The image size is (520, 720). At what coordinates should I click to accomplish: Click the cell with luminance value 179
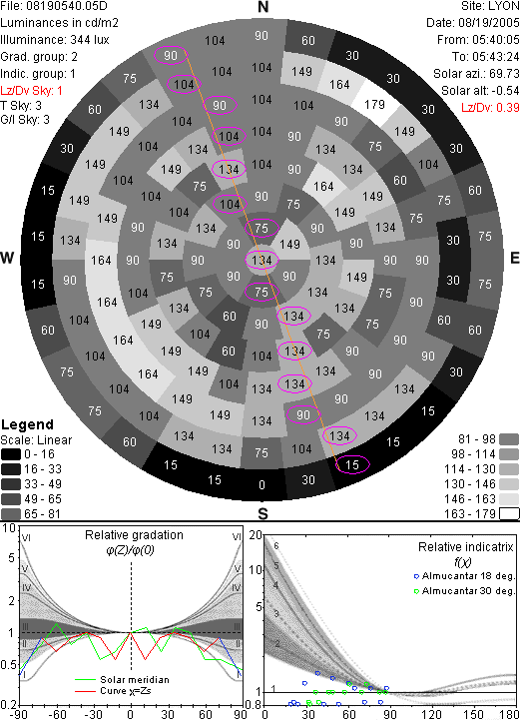point(374,105)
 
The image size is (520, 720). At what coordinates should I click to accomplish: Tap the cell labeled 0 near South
point(261,484)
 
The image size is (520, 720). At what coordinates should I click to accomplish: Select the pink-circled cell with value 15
point(352,464)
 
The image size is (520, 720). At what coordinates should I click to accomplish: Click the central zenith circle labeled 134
point(261,261)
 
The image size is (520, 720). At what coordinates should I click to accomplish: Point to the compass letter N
point(262,7)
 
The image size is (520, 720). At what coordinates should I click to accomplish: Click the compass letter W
point(7,258)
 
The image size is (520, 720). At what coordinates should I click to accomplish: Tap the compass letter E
point(514,258)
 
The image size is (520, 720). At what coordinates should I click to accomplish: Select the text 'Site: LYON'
point(490,6)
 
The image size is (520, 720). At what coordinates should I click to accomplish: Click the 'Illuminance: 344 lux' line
point(55,40)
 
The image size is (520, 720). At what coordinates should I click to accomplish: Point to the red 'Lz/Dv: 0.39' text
point(490,108)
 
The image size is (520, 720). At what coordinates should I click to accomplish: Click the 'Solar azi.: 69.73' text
point(476,74)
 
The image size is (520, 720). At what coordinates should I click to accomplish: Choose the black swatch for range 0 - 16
point(11,454)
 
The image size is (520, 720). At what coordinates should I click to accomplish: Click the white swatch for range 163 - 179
point(509,514)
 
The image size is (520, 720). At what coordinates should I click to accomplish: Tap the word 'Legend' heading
point(28,424)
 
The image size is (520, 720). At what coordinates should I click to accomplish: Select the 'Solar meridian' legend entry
point(122,680)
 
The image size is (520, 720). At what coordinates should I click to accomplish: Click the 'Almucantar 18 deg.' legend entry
point(464,576)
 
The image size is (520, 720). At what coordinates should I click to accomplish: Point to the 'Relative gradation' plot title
point(134,535)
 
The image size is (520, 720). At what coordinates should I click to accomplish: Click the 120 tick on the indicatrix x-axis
point(431,714)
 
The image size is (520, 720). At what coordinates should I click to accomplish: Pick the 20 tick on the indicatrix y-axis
point(256,535)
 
